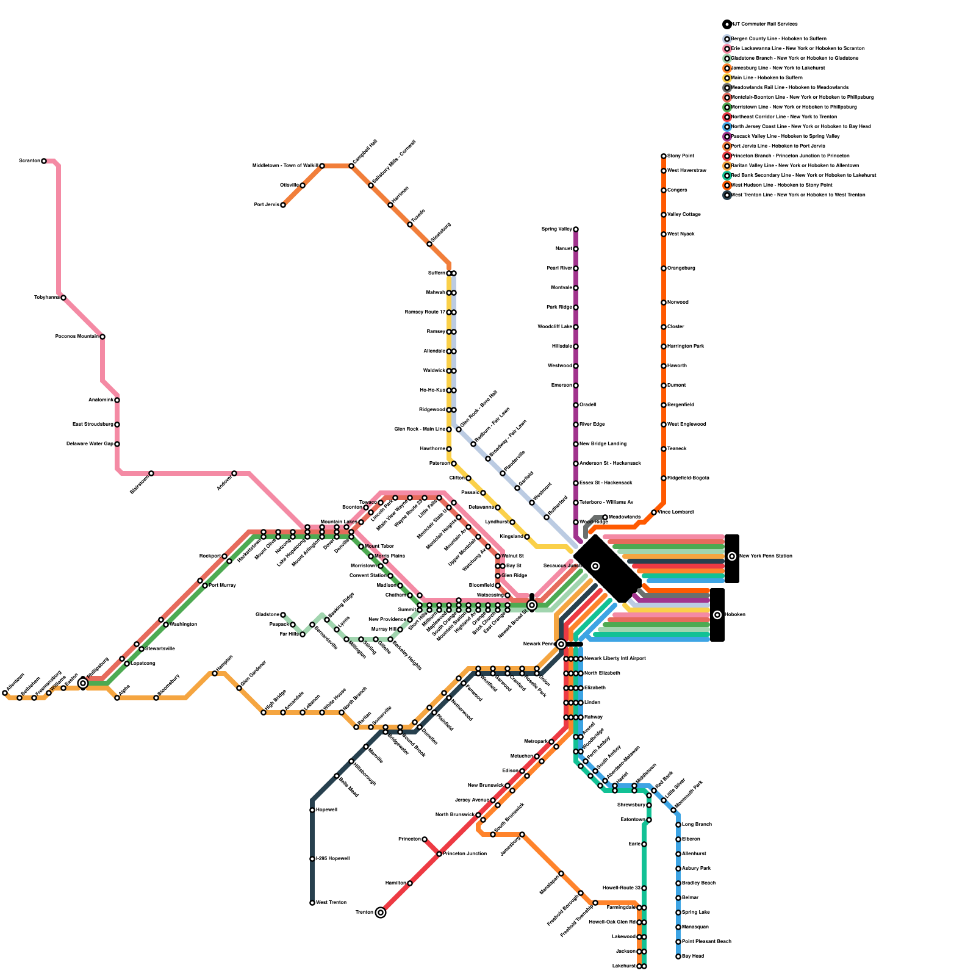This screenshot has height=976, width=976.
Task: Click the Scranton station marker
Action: (44, 161)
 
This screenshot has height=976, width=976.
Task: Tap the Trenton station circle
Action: (381, 913)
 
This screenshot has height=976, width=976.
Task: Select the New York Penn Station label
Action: (766, 556)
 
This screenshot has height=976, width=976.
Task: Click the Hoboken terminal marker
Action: (717, 615)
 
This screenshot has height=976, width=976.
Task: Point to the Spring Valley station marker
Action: (576, 229)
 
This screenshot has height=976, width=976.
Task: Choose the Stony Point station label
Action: (681, 156)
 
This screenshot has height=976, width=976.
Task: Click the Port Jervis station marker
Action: (283, 205)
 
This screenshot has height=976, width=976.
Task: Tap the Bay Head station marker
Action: (678, 956)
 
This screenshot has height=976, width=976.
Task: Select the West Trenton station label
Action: (331, 902)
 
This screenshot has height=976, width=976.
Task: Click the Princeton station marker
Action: (425, 839)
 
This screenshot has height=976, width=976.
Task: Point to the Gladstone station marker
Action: (283, 615)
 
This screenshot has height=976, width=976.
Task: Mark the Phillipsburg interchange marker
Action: (83, 683)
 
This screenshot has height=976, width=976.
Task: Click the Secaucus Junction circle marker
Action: (595, 566)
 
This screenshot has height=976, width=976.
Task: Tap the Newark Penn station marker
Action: (561, 644)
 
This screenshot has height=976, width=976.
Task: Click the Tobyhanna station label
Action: (47, 297)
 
